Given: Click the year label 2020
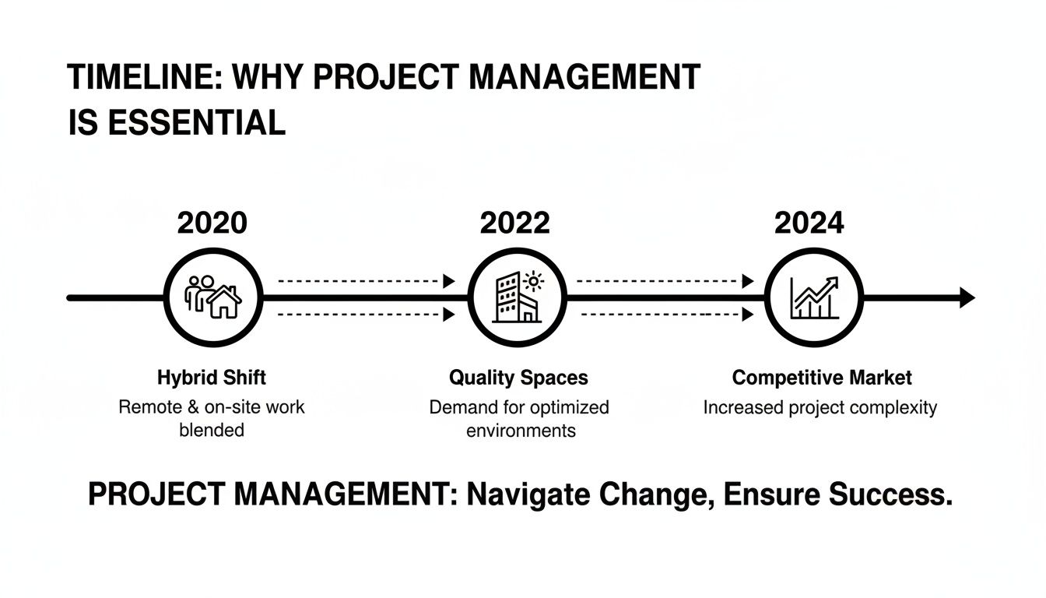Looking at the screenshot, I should point(212,223).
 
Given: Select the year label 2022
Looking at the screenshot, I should point(514,223).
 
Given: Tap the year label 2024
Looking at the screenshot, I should point(809,223).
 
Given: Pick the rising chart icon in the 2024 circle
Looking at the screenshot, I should point(813,297).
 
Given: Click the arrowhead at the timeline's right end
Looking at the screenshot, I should point(967,297).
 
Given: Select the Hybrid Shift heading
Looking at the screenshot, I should point(211,378).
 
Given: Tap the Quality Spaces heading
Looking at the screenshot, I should point(518,378).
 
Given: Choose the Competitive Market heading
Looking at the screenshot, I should point(822,378).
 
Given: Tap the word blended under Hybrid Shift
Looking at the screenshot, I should point(211,430).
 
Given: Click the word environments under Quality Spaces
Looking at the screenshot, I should point(521,430).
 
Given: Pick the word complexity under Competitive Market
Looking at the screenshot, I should point(896,407).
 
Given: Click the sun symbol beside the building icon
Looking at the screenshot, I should point(535,281).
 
